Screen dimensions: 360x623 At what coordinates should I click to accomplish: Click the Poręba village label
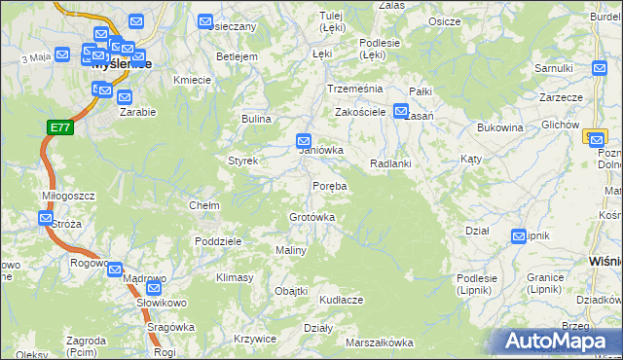tap(329, 185)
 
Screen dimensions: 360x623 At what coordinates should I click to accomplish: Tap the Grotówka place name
tap(311, 217)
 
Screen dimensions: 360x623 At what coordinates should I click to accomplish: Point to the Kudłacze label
tap(340, 300)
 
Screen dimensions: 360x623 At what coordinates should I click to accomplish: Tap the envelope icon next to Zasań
tap(400, 111)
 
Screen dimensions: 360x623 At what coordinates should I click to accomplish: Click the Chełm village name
tap(203, 205)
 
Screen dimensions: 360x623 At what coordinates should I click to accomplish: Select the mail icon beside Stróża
tap(46, 219)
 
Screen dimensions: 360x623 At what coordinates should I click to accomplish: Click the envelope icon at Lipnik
tap(518, 236)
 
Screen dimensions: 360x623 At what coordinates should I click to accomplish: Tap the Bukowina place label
tap(500, 127)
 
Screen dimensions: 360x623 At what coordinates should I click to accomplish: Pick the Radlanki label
tap(390, 163)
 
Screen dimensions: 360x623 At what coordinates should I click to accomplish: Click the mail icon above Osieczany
tap(205, 21)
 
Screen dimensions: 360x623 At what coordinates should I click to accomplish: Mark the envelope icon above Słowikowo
tap(153, 288)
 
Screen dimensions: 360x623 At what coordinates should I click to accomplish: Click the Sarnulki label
tap(553, 68)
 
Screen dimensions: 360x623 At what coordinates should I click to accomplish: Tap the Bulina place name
tap(256, 119)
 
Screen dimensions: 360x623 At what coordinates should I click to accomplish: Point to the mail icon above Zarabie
tap(124, 96)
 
